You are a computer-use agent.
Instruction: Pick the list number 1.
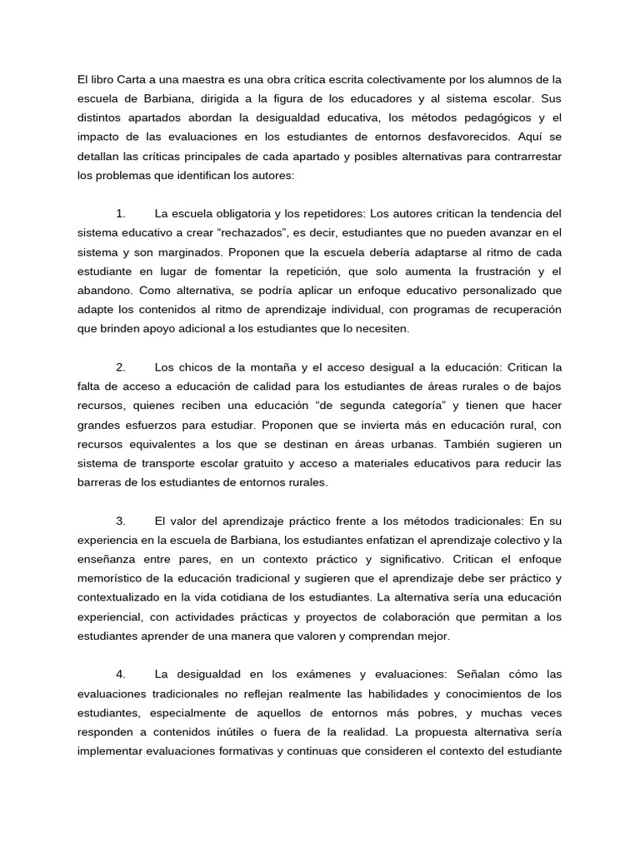(x=121, y=214)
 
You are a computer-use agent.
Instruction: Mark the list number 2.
(x=121, y=367)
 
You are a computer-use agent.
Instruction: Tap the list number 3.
(x=121, y=521)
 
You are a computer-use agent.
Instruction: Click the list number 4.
(x=121, y=675)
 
